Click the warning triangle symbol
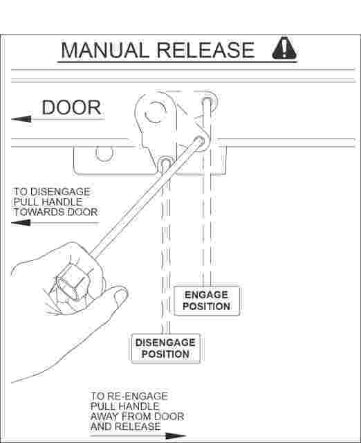[284, 48]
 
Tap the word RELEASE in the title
[205, 51]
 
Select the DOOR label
[71, 107]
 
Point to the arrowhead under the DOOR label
[21, 119]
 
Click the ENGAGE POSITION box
[207, 300]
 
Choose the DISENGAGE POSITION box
[166, 348]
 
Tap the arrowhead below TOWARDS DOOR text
[21, 223]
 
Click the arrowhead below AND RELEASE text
[176, 435]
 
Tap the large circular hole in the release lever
[155, 111]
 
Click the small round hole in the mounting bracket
[104, 153]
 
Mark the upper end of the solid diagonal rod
[200, 141]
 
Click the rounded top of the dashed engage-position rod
[207, 99]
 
